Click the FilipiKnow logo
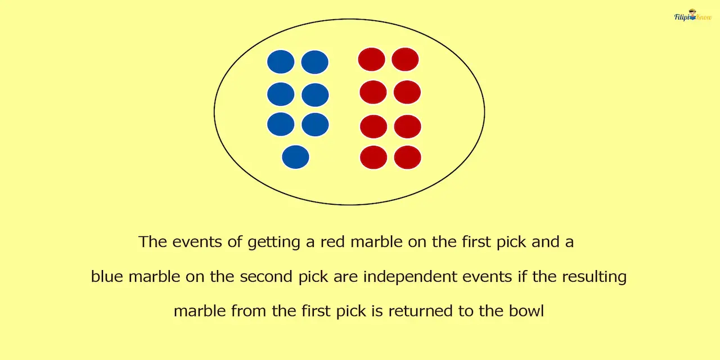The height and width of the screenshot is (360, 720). (x=692, y=16)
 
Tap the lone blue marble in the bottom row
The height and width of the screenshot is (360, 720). (x=295, y=157)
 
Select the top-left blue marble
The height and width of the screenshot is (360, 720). (x=281, y=62)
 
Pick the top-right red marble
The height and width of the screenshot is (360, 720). (x=405, y=59)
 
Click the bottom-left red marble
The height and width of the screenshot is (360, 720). (x=373, y=157)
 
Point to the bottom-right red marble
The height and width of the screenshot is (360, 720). (x=407, y=157)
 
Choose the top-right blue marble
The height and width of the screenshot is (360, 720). (x=314, y=62)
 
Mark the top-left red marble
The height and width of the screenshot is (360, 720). (x=372, y=59)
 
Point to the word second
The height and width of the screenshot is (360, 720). (x=265, y=277)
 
